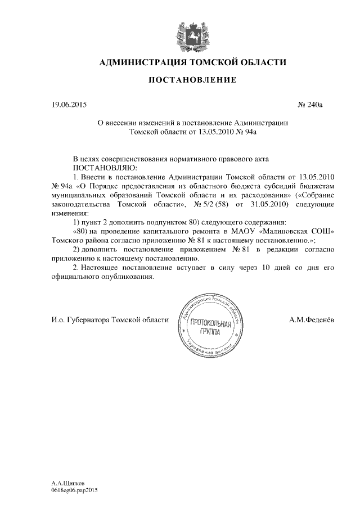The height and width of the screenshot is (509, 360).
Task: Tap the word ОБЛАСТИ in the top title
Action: tap(259, 62)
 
